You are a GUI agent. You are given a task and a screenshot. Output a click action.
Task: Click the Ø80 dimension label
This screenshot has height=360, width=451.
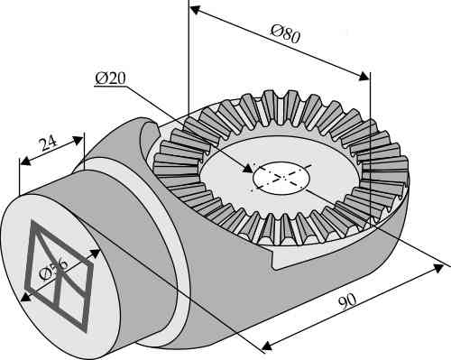coord(285,34)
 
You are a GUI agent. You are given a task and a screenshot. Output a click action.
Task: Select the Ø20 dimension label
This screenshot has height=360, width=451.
coord(110,78)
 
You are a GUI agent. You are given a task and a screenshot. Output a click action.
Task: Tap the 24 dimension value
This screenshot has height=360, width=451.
coord(49,143)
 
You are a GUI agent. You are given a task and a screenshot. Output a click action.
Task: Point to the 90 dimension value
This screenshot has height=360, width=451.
coord(347,301)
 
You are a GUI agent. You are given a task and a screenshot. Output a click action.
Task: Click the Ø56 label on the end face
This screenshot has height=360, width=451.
coord(53,270)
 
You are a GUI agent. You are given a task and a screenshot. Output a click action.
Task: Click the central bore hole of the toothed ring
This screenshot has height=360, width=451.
coord(281,178)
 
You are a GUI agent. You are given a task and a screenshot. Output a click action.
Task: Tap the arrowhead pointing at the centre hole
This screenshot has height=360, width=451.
coord(248,169)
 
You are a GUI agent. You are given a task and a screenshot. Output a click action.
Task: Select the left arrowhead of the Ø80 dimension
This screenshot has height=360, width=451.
coord(196,10)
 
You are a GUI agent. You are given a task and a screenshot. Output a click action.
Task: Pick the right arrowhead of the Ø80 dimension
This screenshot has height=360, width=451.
coord(364,77)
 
